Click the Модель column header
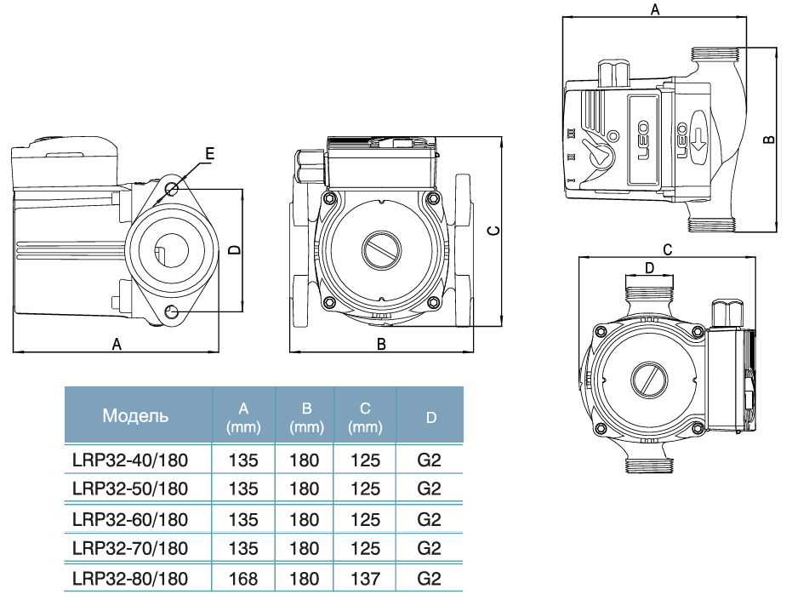[x=135, y=416]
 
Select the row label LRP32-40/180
[x=129, y=461]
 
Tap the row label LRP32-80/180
[x=129, y=579]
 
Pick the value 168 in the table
[x=243, y=579]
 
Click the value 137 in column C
[x=365, y=579]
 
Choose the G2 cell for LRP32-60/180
[x=430, y=519]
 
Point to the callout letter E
[x=209, y=153]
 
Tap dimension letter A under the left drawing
[x=117, y=344]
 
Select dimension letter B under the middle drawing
[x=381, y=344]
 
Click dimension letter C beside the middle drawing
[x=491, y=231]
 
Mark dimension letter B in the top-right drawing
[x=768, y=139]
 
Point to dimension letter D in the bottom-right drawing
[x=649, y=268]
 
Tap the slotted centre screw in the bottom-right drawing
[x=648, y=380]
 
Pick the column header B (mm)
[x=305, y=416]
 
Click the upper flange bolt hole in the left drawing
[x=173, y=188]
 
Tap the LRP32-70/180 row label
[x=129, y=549]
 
